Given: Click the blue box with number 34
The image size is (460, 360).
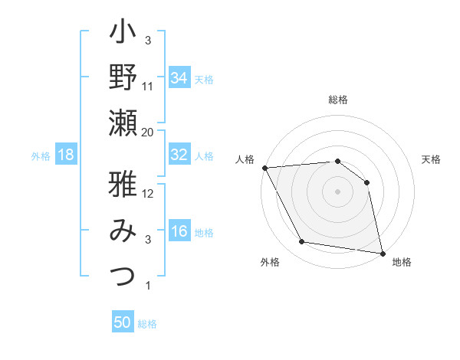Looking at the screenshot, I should pos(179,77).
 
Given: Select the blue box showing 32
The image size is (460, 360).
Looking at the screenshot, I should pos(179,154).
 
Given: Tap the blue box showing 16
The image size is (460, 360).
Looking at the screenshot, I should pos(179,231).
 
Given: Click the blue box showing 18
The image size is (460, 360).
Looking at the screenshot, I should pos(66,155).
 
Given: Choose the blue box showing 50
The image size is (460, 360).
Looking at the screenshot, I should pos(123,322).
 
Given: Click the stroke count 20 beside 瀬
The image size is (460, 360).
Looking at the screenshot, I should pos(148,133).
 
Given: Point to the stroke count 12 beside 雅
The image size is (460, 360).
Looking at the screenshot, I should pos(148,194).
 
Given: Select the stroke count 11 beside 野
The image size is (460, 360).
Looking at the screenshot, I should pos(148,87).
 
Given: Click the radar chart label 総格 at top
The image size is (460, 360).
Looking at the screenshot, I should pos(337,100).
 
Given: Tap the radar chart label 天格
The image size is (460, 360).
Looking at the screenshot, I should pos(431,160).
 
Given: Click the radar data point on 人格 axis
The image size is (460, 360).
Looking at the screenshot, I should pos(264,168).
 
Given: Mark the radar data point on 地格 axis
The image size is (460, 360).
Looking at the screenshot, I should pos(383,253).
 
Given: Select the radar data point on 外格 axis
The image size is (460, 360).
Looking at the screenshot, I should pos(302,242).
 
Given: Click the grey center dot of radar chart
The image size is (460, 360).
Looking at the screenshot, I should pos(337,191).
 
